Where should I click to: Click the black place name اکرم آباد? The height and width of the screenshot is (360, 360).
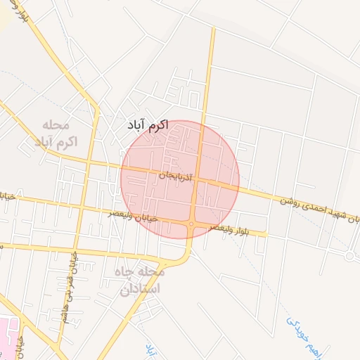click(x=148, y=124)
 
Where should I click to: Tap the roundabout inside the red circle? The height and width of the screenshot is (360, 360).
click(x=191, y=225)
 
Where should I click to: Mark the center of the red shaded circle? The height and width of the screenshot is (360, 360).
click(x=180, y=180)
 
